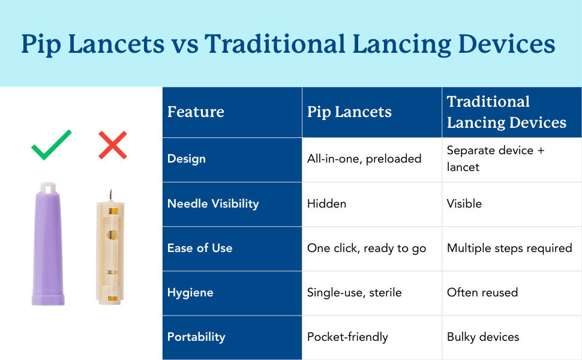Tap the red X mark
click(113, 145)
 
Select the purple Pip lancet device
click(48, 244)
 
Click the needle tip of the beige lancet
click(110, 190)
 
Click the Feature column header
click(196, 112)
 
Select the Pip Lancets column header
click(349, 112)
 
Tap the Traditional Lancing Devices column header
click(506, 112)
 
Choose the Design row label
click(187, 159)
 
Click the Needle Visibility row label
click(213, 203)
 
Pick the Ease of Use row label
click(200, 248)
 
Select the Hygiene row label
click(190, 292)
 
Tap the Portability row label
click(196, 337)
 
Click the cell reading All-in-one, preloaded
click(364, 159)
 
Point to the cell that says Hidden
click(326, 203)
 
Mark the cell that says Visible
click(464, 203)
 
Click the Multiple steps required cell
click(509, 248)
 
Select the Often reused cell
click(482, 292)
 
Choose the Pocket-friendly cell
click(347, 337)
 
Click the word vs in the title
click(184, 44)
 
